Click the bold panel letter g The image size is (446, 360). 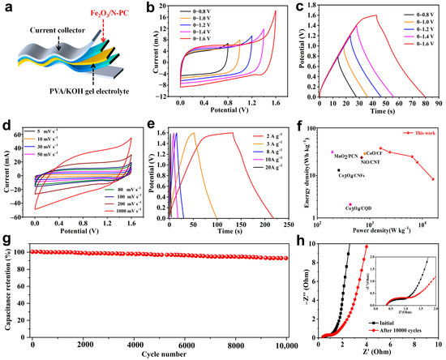[7, 241]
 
